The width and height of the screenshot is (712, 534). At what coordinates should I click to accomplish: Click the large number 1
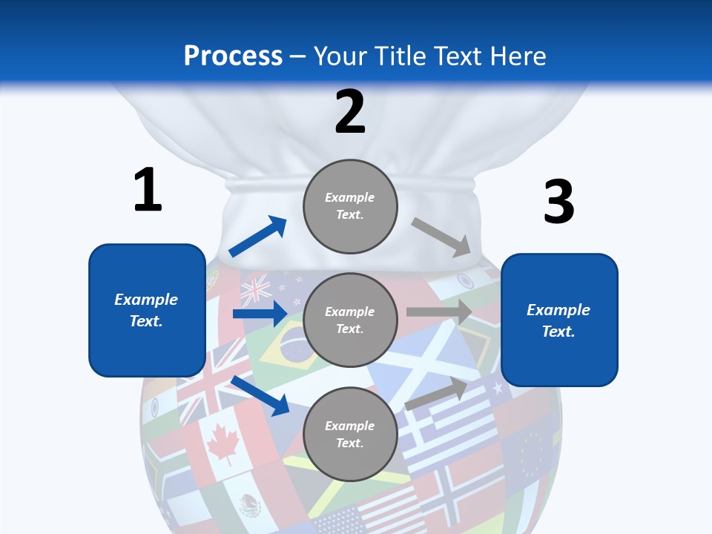(148, 191)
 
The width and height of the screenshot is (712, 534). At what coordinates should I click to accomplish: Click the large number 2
(350, 112)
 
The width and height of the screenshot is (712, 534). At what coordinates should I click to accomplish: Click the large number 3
(558, 202)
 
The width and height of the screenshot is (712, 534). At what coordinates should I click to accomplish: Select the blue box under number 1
(147, 310)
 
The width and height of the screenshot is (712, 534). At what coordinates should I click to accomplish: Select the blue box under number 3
(559, 320)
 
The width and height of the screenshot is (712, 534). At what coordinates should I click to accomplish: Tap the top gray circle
(350, 206)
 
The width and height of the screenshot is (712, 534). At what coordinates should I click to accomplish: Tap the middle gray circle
(350, 320)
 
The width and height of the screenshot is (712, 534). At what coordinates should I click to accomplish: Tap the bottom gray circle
(350, 434)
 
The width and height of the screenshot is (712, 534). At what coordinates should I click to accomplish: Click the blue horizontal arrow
(260, 314)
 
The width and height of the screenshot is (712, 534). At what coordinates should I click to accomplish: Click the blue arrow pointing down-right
(260, 395)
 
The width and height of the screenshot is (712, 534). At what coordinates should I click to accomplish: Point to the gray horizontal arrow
(439, 312)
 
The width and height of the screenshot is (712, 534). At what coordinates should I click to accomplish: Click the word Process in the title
(233, 56)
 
